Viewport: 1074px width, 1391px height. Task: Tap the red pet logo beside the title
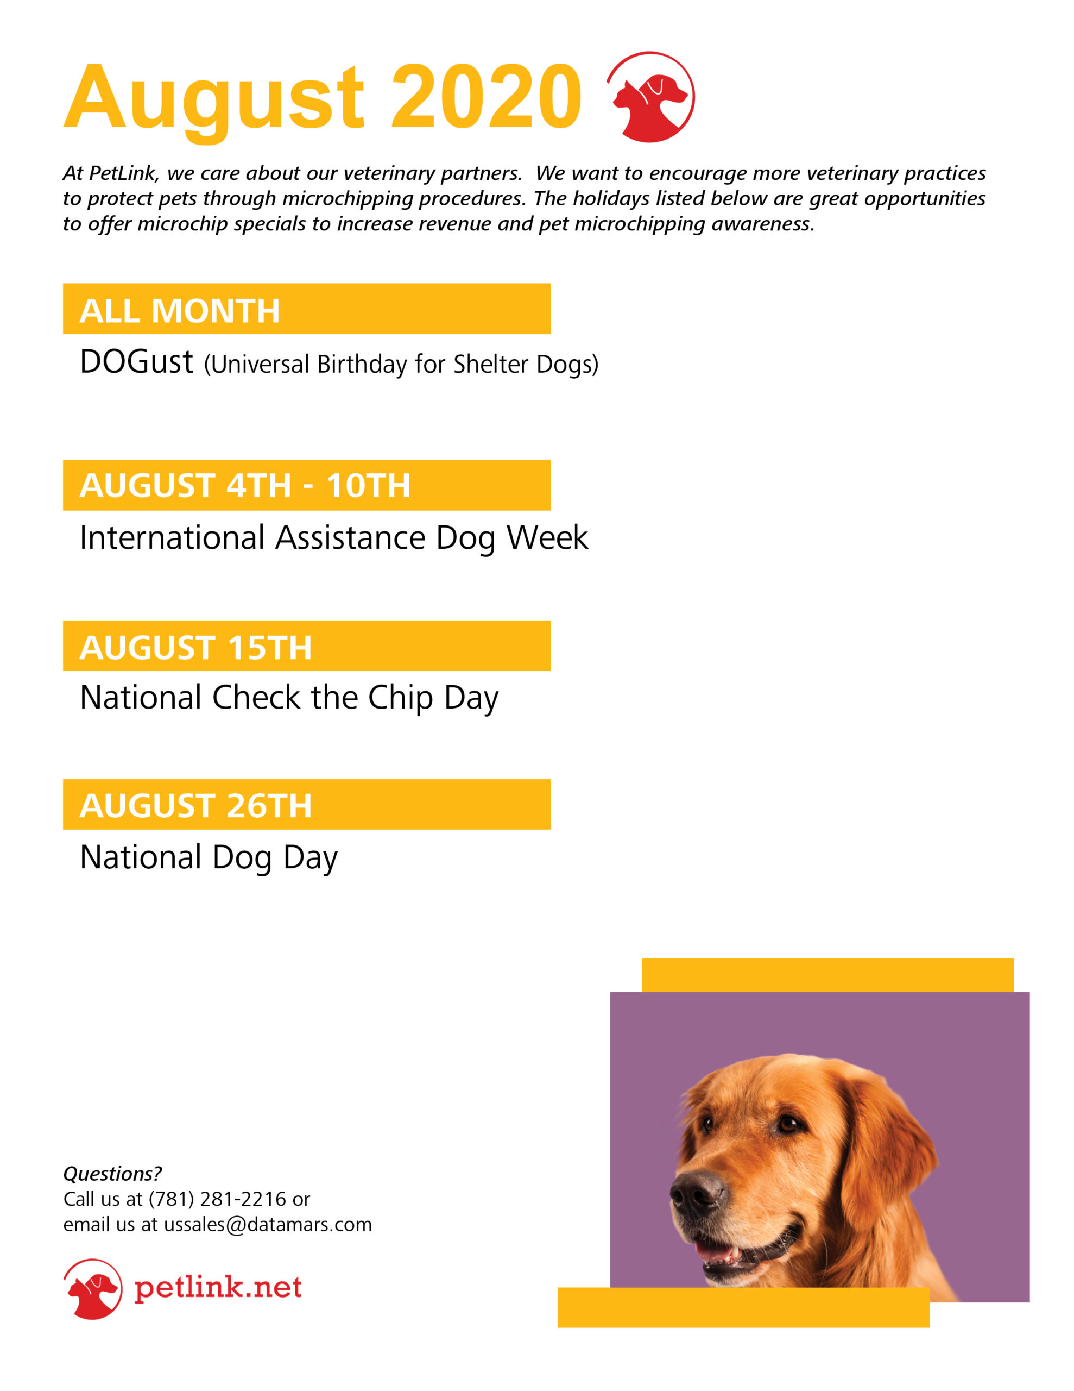(650, 97)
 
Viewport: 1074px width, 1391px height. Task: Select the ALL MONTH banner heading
(180, 311)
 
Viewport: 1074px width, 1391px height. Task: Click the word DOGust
(136, 362)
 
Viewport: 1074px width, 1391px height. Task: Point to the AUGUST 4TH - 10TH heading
(244, 485)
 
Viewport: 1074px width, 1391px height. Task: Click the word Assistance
(350, 537)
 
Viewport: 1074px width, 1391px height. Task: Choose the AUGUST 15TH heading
(195, 647)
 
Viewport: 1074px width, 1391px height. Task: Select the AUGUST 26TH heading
(195, 806)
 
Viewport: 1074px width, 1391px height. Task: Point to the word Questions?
(112, 1173)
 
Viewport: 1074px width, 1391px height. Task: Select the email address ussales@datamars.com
(267, 1225)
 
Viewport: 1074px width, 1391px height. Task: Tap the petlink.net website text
(218, 1287)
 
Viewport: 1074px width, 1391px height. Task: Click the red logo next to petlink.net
(92, 1288)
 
